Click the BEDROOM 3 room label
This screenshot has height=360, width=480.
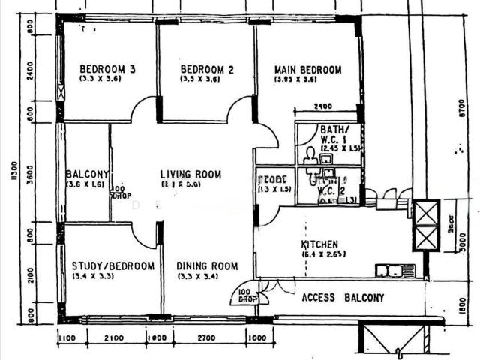tap(107, 70)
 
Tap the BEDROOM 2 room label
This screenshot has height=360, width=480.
tap(207, 70)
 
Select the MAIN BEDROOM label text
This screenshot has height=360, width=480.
tap(307, 70)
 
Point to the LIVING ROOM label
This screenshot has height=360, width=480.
tap(190, 175)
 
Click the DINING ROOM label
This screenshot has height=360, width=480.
tap(208, 265)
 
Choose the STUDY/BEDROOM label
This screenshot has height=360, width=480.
tap(113, 265)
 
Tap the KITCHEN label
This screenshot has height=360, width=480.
tap(319, 244)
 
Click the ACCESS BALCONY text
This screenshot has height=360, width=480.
tap(343, 298)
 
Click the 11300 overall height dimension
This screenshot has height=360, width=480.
tap(13, 180)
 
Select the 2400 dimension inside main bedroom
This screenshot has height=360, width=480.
tap(323, 106)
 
